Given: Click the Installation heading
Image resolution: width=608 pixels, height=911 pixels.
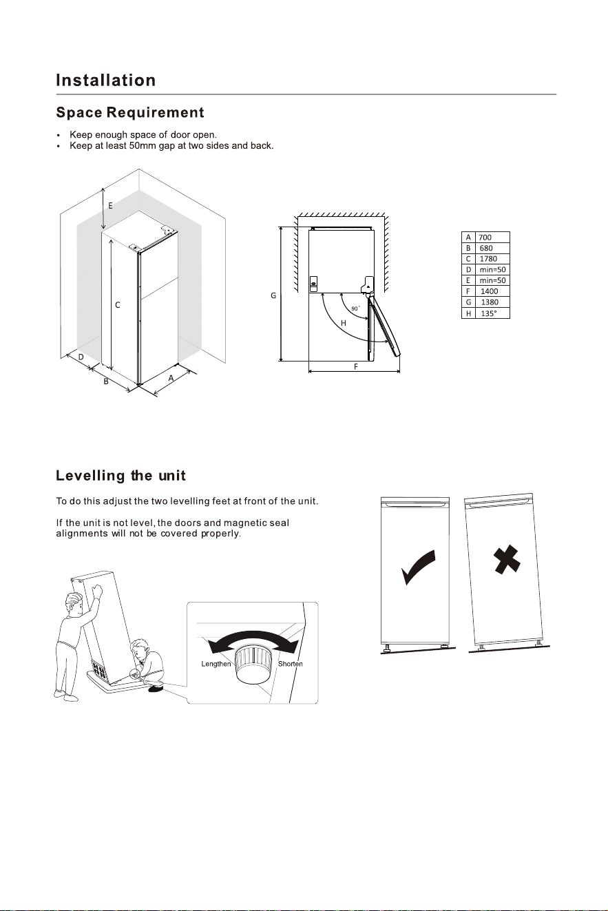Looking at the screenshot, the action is [106, 80].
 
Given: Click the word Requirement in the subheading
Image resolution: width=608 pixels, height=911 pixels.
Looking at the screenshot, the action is [156, 112].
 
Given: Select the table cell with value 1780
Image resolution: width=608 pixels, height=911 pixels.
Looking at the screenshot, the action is [492, 259].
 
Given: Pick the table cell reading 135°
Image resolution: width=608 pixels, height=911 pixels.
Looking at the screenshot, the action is [492, 313].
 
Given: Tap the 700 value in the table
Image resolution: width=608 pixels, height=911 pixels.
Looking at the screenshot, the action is [492, 237].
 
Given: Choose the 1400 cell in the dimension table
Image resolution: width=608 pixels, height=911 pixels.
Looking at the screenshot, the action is [492, 291].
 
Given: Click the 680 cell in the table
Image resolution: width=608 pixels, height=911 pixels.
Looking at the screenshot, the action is [492, 248].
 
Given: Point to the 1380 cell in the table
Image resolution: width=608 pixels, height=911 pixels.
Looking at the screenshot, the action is [492, 302].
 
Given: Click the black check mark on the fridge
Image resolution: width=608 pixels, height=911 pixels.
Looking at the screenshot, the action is [418, 567].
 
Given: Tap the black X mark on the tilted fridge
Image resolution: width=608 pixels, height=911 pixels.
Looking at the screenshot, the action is [507, 560].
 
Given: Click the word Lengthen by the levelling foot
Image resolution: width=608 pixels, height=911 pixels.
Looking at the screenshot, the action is [216, 664].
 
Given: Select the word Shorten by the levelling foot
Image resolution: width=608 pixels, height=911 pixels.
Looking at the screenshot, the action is [291, 664].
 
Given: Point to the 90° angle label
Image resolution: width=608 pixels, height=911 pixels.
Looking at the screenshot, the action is [355, 308].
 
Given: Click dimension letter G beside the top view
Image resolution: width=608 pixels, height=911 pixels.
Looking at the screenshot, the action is [273, 295].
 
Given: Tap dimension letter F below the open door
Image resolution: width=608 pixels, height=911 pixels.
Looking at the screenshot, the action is [356, 366].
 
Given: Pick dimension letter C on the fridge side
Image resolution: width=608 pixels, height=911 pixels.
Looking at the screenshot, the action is [118, 305].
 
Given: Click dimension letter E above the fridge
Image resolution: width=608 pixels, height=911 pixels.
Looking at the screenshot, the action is [110, 206].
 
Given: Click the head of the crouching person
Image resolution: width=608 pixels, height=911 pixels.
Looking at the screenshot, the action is [139, 647].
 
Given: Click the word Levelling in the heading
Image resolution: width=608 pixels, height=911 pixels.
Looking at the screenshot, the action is [90, 475].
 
